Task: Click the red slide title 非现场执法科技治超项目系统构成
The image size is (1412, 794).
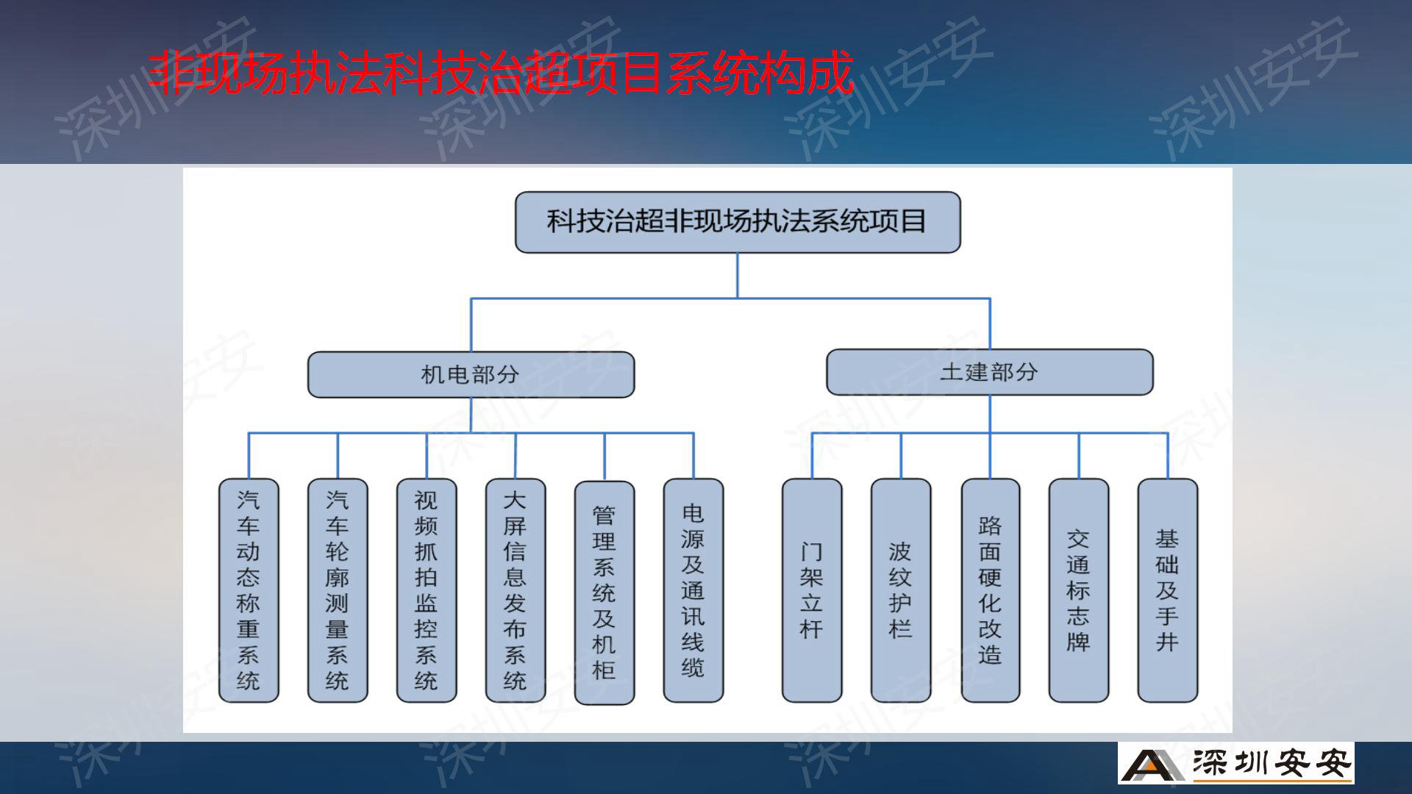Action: pyautogui.click(x=500, y=73)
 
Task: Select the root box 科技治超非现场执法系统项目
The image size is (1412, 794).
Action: pyautogui.click(x=738, y=222)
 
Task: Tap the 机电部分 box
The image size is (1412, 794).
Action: pyautogui.click(x=471, y=374)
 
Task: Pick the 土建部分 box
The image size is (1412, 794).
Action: pyautogui.click(x=990, y=372)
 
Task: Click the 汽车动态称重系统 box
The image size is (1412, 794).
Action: pyautogui.click(x=249, y=590)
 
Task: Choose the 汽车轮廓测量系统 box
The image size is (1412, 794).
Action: pyautogui.click(x=338, y=590)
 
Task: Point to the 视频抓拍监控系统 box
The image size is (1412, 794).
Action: pyautogui.click(x=427, y=590)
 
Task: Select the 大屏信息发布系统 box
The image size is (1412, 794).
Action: pyautogui.click(x=516, y=590)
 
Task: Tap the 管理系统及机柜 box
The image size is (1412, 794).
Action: pyautogui.click(x=605, y=593)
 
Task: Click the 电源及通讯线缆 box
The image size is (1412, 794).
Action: pyautogui.click(x=693, y=590)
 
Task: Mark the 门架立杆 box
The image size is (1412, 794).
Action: pyautogui.click(x=812, y=590)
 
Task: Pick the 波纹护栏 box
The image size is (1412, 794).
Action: pyautogui.click(x=901, y=590)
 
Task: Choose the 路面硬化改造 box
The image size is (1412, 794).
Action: pyautogui.click(x=991, y=590)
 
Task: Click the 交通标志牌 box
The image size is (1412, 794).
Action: pyautogui.click(x=1079, y=590)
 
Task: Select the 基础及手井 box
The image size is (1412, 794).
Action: pyautogui.click(x=1168, y=590)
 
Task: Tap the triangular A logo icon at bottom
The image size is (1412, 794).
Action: pyautogui.click(x=1152, y=764)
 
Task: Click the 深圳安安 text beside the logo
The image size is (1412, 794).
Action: pyautogui.click(x=1272, y=764)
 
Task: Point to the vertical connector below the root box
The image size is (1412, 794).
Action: pyautogui.click(x=738, y=276)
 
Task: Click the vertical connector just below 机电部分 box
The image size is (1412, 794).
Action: pyautogui.click(x=471, y=415)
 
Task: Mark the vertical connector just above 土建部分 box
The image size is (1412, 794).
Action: pyautogui.click(x=990, y=323)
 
